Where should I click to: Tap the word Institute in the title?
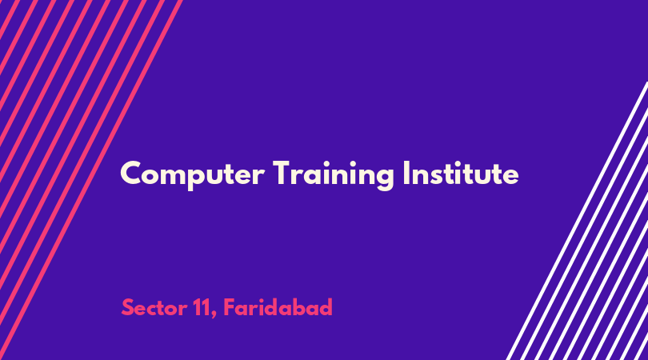(x=461, y=173)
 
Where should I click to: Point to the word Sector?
(x=154, y=307)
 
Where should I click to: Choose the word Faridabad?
(x=278, y=307)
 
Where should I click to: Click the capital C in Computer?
(x=131, y=173)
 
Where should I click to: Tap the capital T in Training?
(x=282, y=173)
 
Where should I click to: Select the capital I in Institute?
(x=406, y=173)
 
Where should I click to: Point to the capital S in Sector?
(x=127, y=307)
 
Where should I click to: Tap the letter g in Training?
(x=384, y=178)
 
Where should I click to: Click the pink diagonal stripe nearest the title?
(x=91, y=180)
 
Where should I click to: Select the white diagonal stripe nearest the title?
(x=577, y=221)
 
